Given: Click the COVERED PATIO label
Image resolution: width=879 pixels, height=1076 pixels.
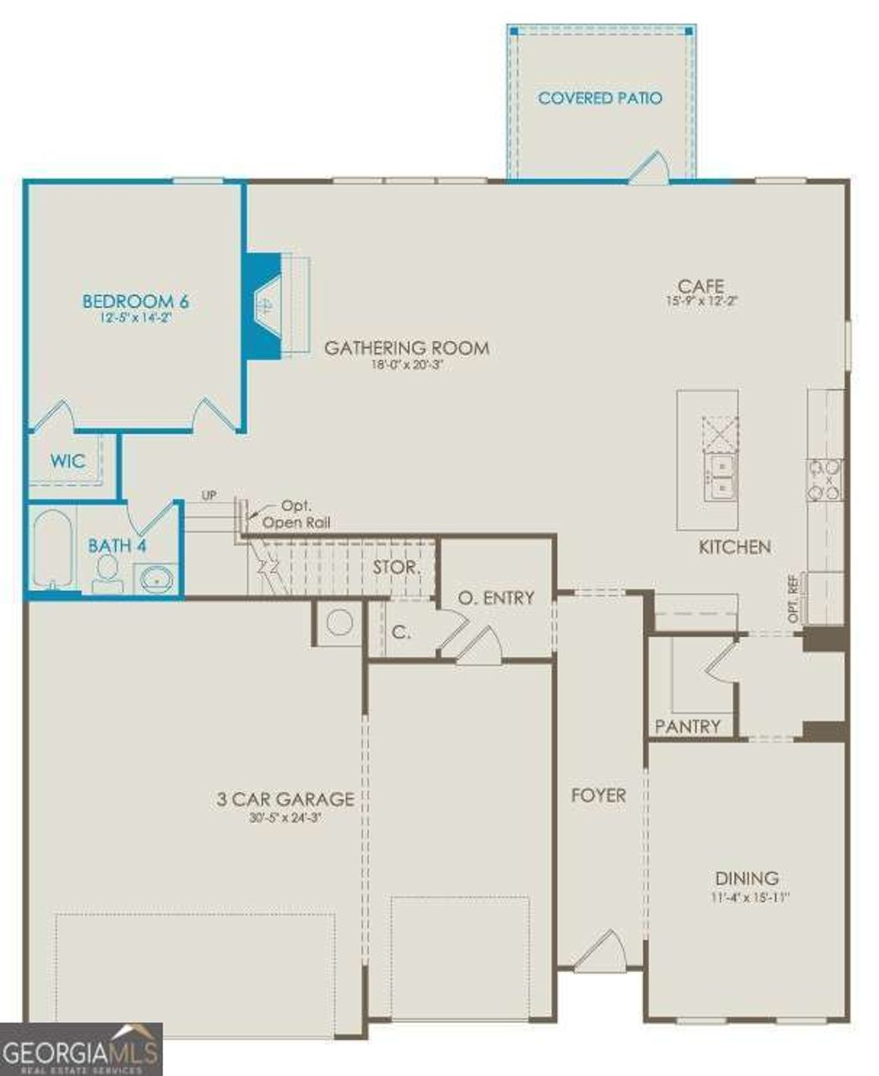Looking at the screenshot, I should tap(600, 98).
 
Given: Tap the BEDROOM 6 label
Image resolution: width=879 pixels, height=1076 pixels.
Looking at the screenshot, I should tap(136, 301).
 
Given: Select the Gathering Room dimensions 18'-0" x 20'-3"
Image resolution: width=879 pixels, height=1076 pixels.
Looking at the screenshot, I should tap(406, 365).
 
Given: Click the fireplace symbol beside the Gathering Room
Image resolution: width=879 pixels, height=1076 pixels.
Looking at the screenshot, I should tap(265, 305).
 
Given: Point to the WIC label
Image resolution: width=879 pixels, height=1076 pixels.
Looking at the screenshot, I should tap(67, 461).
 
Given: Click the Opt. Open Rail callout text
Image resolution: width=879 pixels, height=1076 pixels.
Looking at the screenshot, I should tap(295, 515).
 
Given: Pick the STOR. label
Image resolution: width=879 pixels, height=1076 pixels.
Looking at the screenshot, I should tap(397, 568).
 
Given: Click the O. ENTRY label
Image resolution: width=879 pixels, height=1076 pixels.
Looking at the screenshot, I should tap(496, 598).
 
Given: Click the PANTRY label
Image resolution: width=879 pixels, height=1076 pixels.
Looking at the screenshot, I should tap(688, 727).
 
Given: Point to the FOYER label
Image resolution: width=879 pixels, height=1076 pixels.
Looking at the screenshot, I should tap(598, 795).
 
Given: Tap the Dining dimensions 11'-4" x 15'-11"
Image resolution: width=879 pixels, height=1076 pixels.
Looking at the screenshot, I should tap(748, 898).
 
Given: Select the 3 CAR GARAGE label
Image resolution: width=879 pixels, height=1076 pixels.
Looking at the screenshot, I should tap(285, 799).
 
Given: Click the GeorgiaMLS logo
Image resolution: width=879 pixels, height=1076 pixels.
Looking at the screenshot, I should tap(82, 1049).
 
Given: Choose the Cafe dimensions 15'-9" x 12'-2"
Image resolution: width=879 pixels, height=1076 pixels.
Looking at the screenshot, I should tap(701, 302).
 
